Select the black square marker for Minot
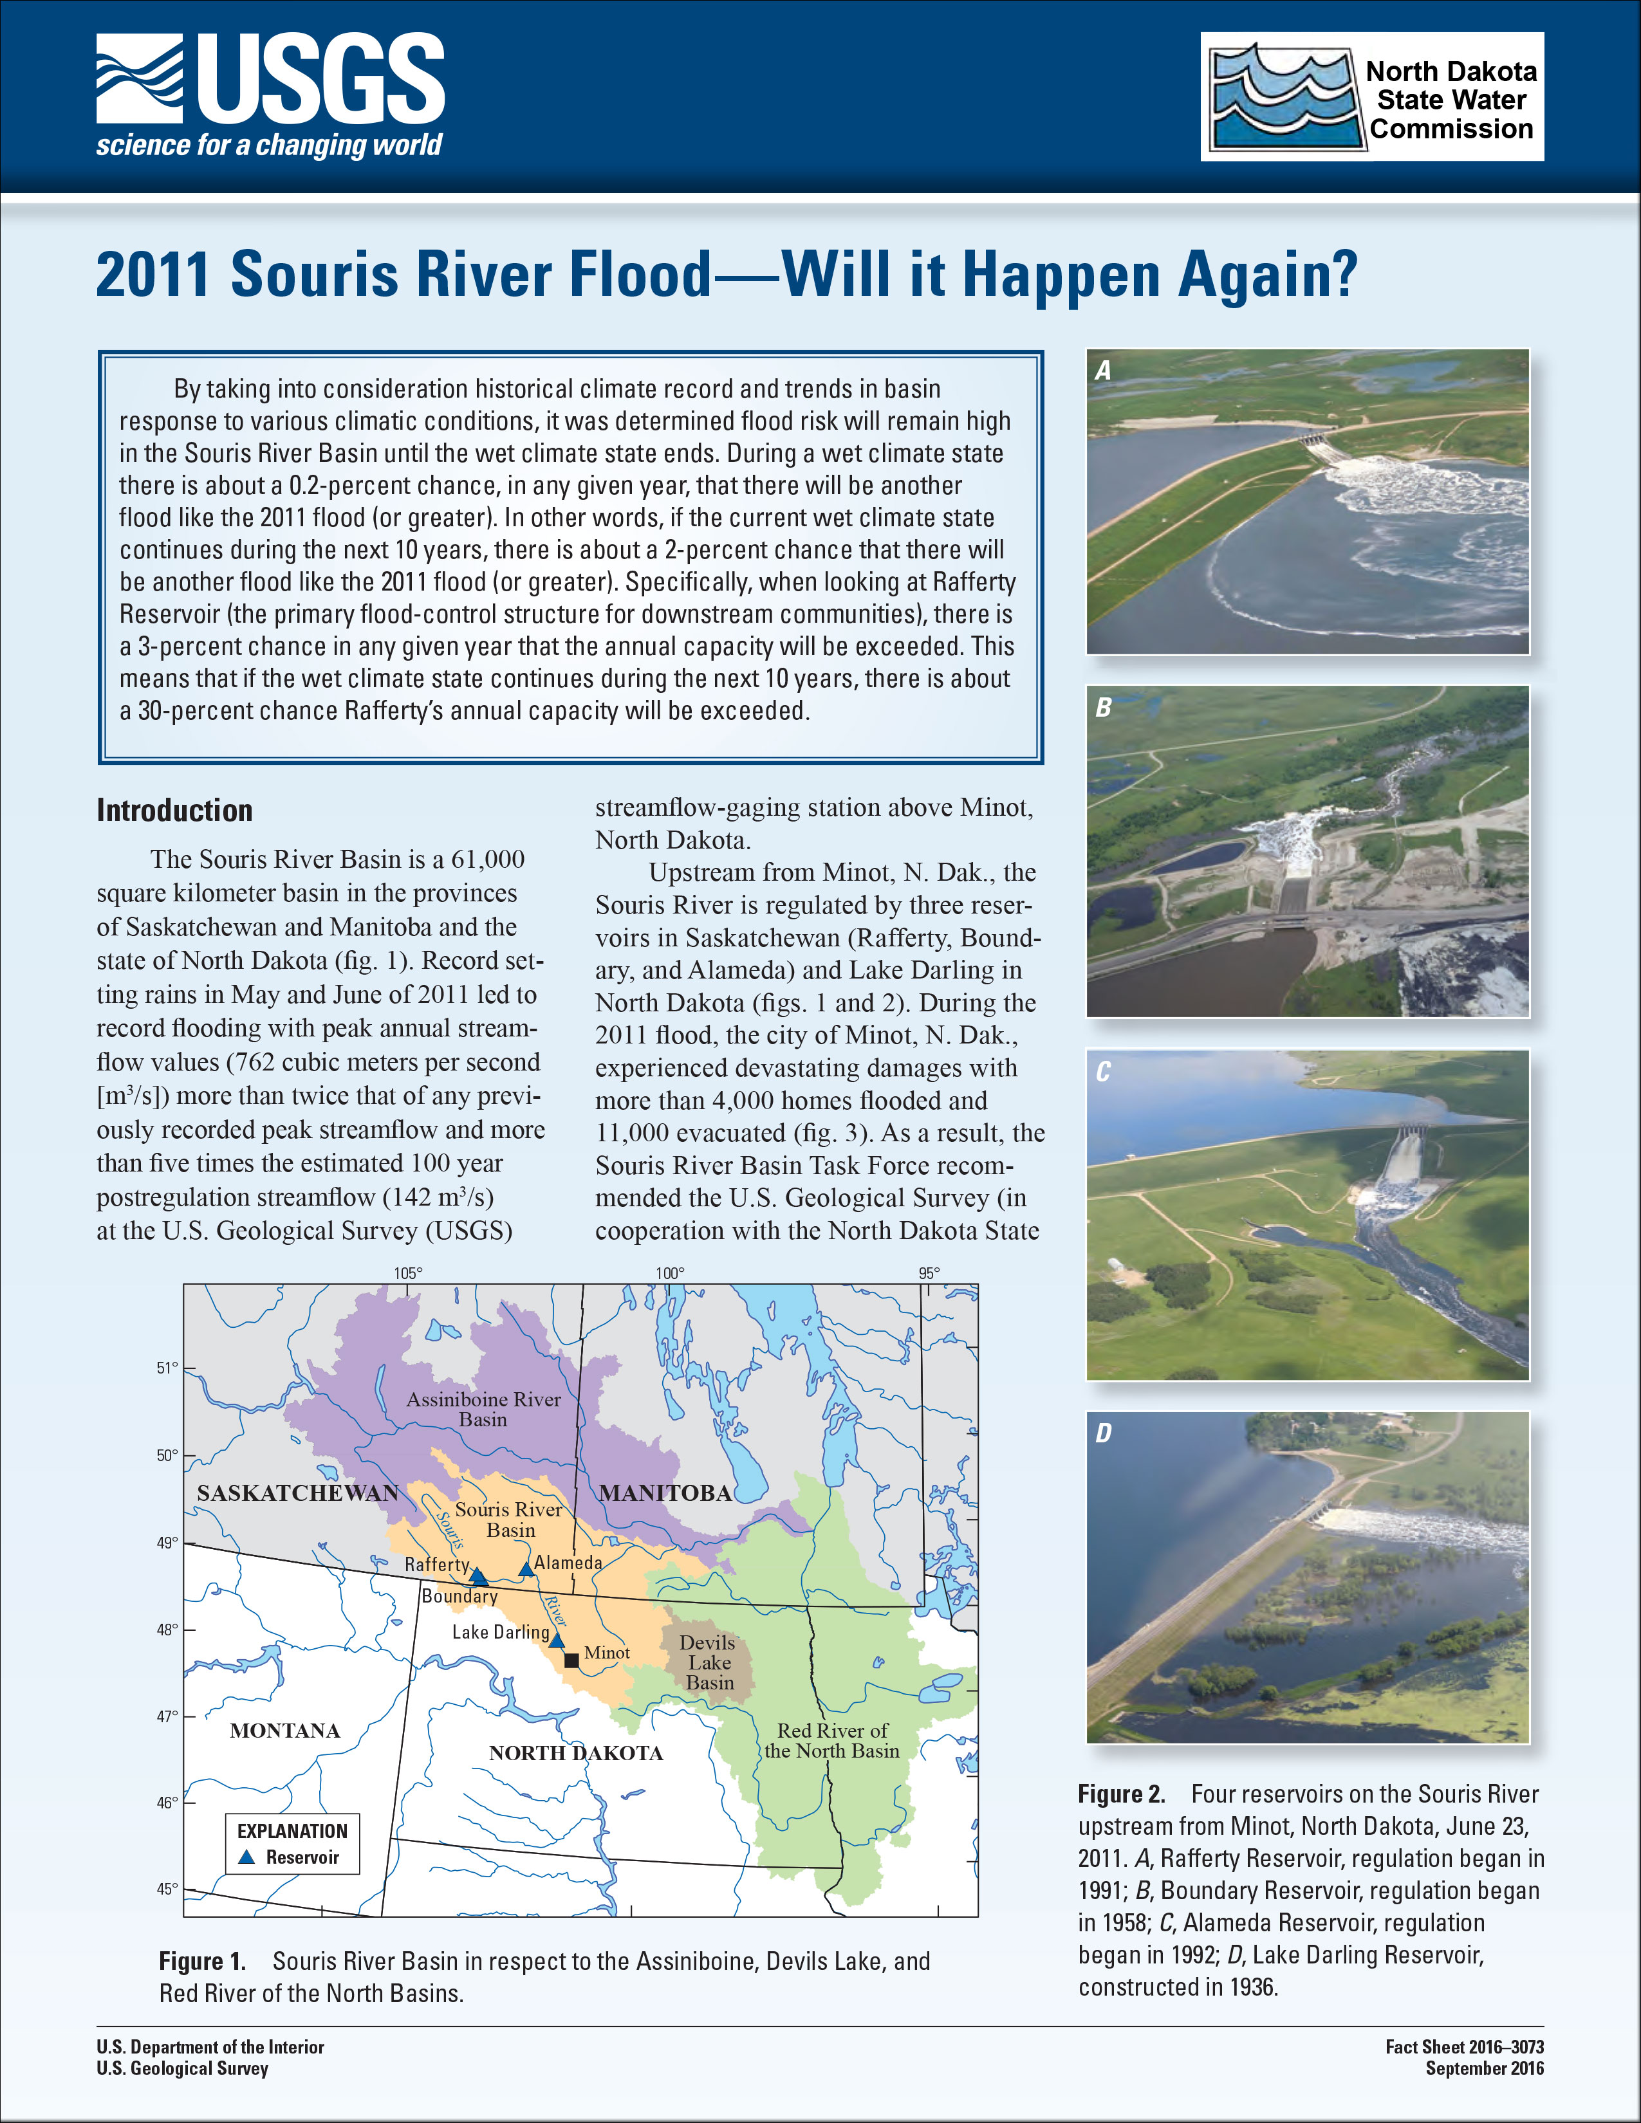[x=571, y=1660]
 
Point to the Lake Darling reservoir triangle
[x=556, y=1640]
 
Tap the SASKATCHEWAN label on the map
[x=297, y=1493]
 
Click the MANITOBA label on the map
[x=665, y=1493]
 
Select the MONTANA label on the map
[x=285, y=1731]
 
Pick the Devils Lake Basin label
[x=709, y=1662]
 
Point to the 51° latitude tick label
[x=167, y=1368]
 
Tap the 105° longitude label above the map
[x=407, y=1273]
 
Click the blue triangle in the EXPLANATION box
[x=247, y=1857]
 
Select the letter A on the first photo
[x=1102, y=371]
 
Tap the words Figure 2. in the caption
[x=1121, y=1794]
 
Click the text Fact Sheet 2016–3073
[x=1464, y=2046]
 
